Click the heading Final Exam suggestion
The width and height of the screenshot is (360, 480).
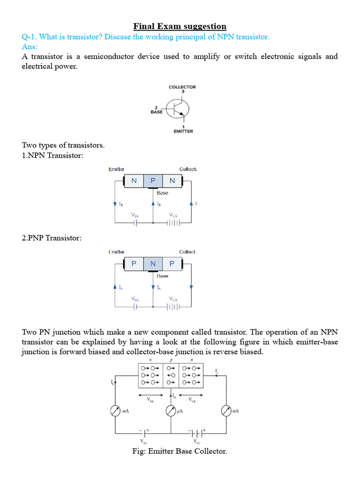point(180,26)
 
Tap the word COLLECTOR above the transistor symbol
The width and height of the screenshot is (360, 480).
point(182,87)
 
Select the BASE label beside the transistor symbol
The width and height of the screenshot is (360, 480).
point(156,112)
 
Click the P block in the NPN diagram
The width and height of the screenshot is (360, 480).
point(153,181)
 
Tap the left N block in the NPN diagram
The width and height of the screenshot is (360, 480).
point(134,181)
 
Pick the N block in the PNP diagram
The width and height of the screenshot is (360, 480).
point(153,264)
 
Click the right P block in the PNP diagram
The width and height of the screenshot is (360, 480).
point(172,264)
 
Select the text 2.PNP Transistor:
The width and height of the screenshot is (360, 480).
point(52,238)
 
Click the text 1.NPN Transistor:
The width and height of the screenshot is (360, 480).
point(52,155)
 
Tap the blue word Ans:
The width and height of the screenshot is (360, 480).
point(30,47)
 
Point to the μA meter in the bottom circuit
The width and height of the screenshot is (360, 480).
point(172,411)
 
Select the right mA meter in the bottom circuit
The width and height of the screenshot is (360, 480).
point(227,411)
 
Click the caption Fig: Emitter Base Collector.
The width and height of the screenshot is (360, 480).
point(180,451)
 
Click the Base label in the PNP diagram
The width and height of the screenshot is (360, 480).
point(162,276)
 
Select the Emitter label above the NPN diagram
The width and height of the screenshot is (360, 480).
point(116,169)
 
